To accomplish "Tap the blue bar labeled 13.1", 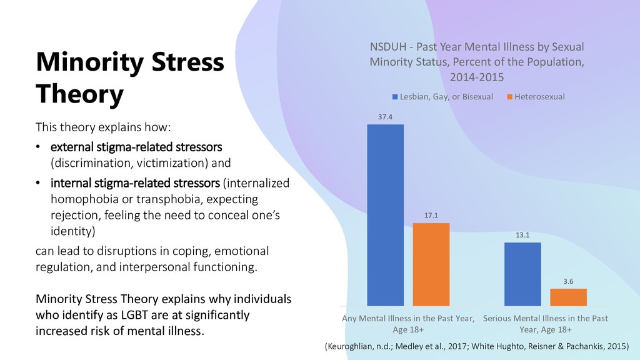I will (x=522, y=273).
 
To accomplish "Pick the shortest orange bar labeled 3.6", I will (x=569, y=297).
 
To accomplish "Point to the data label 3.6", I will (x=569, y=281).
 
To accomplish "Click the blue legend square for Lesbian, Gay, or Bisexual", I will (x=395, y=97).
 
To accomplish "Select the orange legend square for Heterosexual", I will (x=509, y=97).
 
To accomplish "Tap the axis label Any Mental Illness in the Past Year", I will (x=408, y=318).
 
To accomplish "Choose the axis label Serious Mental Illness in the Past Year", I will (x=545, y=318).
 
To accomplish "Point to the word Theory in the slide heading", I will (x=79, y=95).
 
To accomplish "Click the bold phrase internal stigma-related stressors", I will (x=135, y=184).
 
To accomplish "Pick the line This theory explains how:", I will (x=102, y=128).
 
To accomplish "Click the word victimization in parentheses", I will (x=164, y=164).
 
